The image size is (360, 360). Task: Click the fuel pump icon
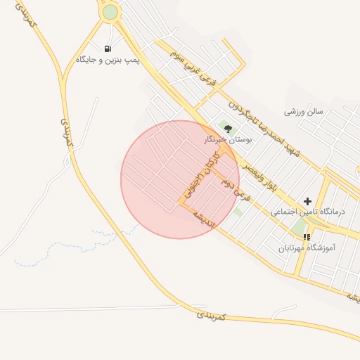pos(108,49)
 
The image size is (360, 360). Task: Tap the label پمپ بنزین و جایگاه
pos(108,61)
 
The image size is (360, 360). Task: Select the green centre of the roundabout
pos(110,12)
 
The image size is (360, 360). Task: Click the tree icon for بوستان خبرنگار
pos(227,127)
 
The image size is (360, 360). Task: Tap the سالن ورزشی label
pos(304,112)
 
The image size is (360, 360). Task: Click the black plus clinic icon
pos(307,201)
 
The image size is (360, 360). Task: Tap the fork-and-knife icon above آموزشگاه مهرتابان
pos(306,237)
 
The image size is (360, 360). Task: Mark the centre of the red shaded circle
pos(180,179)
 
